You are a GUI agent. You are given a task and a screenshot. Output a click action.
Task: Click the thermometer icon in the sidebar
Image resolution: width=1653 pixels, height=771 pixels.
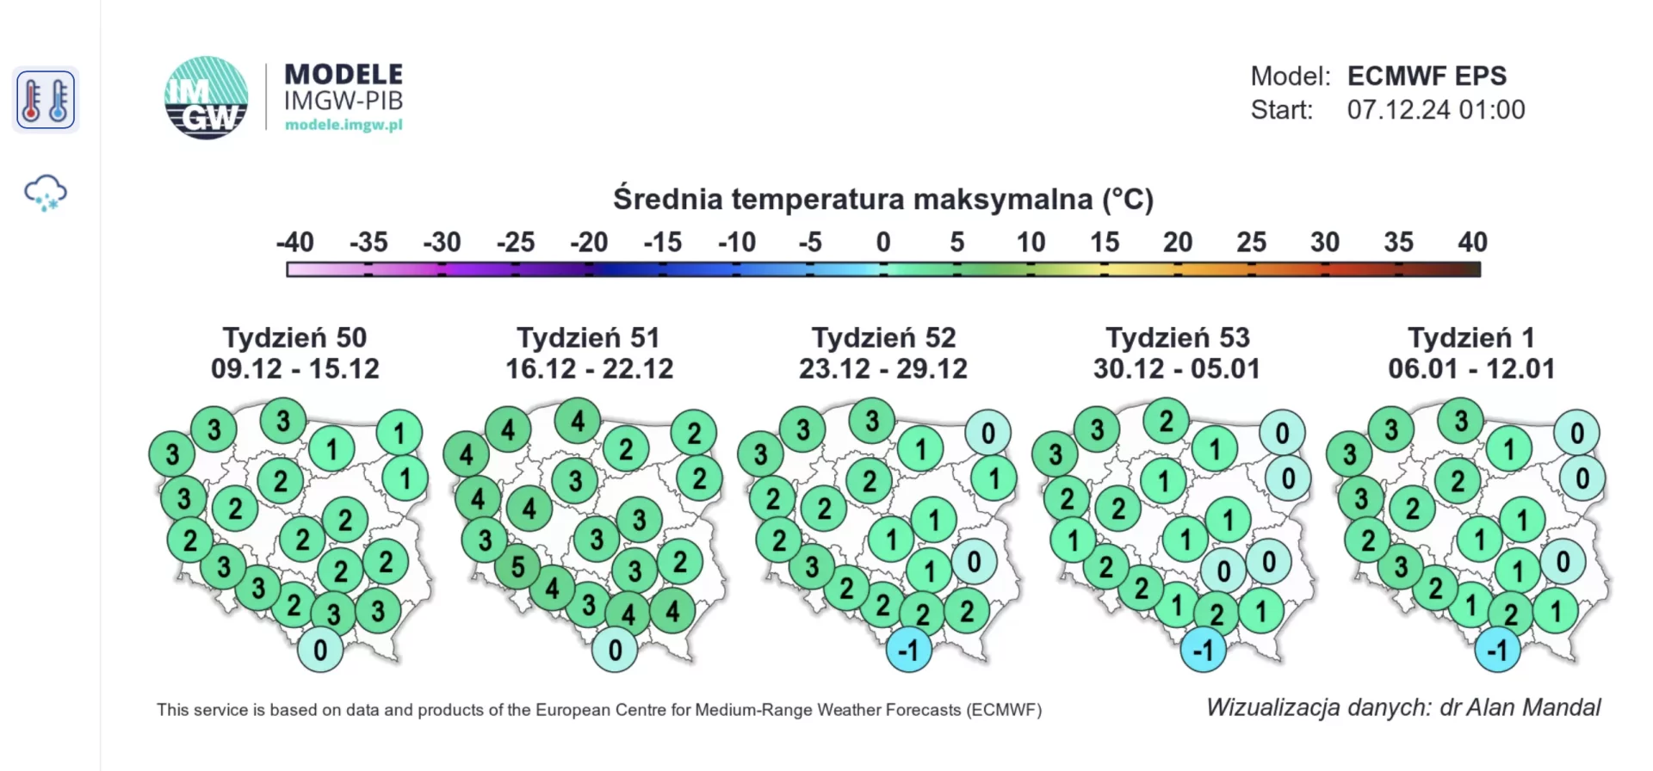(x=46, y=100)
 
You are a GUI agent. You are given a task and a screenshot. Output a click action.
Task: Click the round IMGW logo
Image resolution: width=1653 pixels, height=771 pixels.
(x=207, y=98)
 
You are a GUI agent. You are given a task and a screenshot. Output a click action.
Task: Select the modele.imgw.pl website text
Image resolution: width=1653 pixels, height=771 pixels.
(x=344, y=125)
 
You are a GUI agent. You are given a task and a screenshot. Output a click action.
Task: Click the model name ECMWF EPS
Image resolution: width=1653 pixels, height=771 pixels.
(x=1427, y=76)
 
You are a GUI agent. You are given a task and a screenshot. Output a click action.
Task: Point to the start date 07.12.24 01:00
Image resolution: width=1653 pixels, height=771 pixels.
(x=1436, y=110)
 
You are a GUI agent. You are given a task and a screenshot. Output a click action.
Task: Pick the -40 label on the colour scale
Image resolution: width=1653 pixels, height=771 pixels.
(x=294, y=242)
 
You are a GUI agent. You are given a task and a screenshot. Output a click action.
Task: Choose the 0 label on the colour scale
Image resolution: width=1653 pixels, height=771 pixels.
(x=883, y=242)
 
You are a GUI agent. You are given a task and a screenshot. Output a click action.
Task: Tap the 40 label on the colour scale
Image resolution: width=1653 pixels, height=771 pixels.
(x=1472, y=242)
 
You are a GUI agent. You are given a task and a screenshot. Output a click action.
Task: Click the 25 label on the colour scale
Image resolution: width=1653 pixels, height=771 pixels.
(x=1252, y=242)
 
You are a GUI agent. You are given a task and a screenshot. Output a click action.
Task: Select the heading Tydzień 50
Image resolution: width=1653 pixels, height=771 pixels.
(x=294, y=337)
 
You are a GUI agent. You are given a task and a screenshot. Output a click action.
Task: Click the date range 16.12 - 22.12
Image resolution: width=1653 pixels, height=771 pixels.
(x=589, y=369)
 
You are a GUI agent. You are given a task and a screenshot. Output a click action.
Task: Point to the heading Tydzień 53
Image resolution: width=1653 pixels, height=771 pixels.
(x=1178, y=337)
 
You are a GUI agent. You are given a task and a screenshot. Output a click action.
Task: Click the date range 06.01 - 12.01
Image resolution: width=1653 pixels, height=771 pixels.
(x=1471, y=369)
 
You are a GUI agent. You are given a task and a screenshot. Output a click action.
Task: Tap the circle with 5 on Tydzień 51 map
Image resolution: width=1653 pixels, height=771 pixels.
(x=517, y=567)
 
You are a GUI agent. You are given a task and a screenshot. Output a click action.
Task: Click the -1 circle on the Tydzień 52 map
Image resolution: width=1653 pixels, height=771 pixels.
(x=909, y=650)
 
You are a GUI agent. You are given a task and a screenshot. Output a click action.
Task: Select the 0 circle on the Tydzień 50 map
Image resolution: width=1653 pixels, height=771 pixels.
(x=320, y=650)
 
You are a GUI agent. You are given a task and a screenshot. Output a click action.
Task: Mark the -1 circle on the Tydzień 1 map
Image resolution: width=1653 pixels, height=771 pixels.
(x=1498, y=650)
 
